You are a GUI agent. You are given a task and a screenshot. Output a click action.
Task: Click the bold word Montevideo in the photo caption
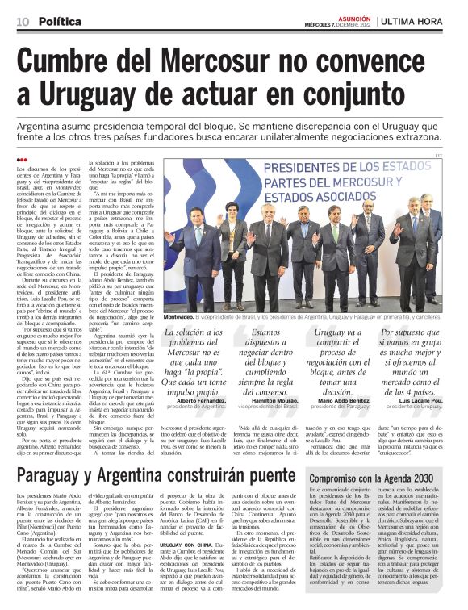pos(183,318)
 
